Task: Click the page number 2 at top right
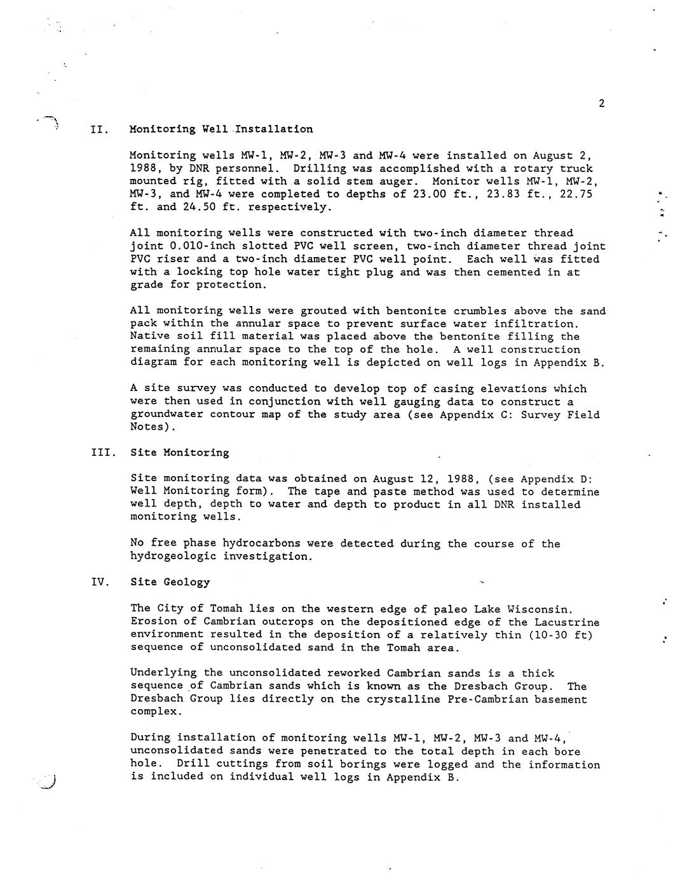point(601,104)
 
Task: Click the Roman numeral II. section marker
point(99,129)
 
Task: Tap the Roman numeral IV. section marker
point(100,582)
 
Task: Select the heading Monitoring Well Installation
point(221,129)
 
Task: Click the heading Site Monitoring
point(180,453)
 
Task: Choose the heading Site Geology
point(170,582)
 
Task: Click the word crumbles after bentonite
point(480,311)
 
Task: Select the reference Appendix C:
point(466,415)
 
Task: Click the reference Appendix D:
point(556,479)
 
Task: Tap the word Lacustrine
point(566,622)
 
